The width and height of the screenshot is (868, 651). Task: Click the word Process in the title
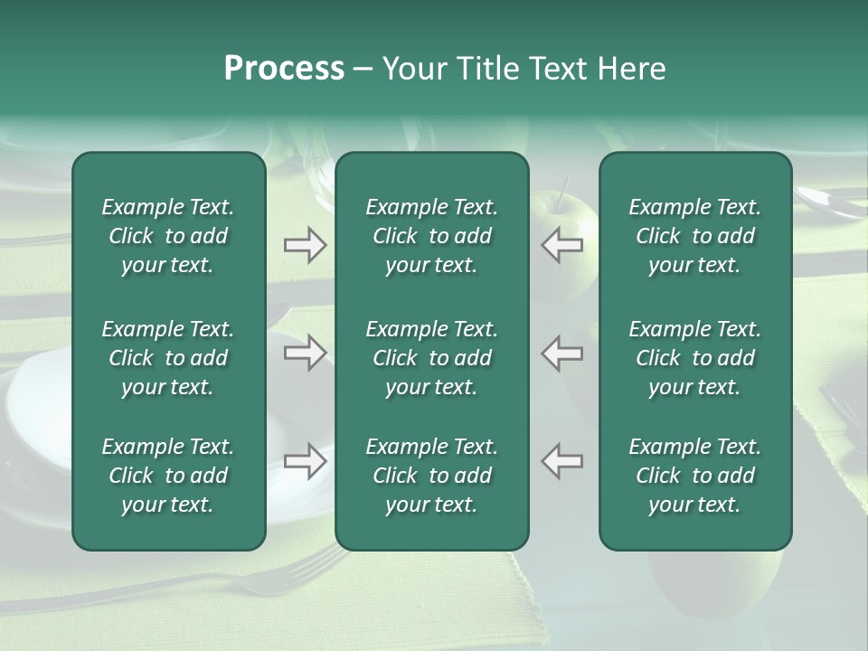(x=284, y=69)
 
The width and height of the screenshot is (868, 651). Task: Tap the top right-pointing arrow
(x=305, y=245)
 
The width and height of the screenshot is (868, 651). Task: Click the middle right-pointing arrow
(x=305, y=353)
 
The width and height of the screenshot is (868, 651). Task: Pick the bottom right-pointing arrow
(x=305, y=461)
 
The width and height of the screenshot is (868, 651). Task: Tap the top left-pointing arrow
(x=562, y=245)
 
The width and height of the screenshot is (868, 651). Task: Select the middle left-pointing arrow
(x=562, y=353)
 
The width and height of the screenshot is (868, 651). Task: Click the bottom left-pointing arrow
(x=562, y=461)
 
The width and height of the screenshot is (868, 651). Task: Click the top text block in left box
(x=168, y=236)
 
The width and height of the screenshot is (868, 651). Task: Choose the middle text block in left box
(x=168, y=358)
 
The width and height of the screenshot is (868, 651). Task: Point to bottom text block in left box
(x=168, y=476)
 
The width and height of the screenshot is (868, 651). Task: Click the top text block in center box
(x=431, y=236)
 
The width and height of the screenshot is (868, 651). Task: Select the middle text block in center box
(x=431, y=358)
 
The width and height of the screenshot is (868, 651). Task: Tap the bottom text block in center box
(x=431, y=476)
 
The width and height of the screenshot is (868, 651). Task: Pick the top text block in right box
(x=694, y=236)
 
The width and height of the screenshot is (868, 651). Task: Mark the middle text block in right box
(x=694, y=358)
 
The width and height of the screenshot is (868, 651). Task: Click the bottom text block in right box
(x=694, y=476)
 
